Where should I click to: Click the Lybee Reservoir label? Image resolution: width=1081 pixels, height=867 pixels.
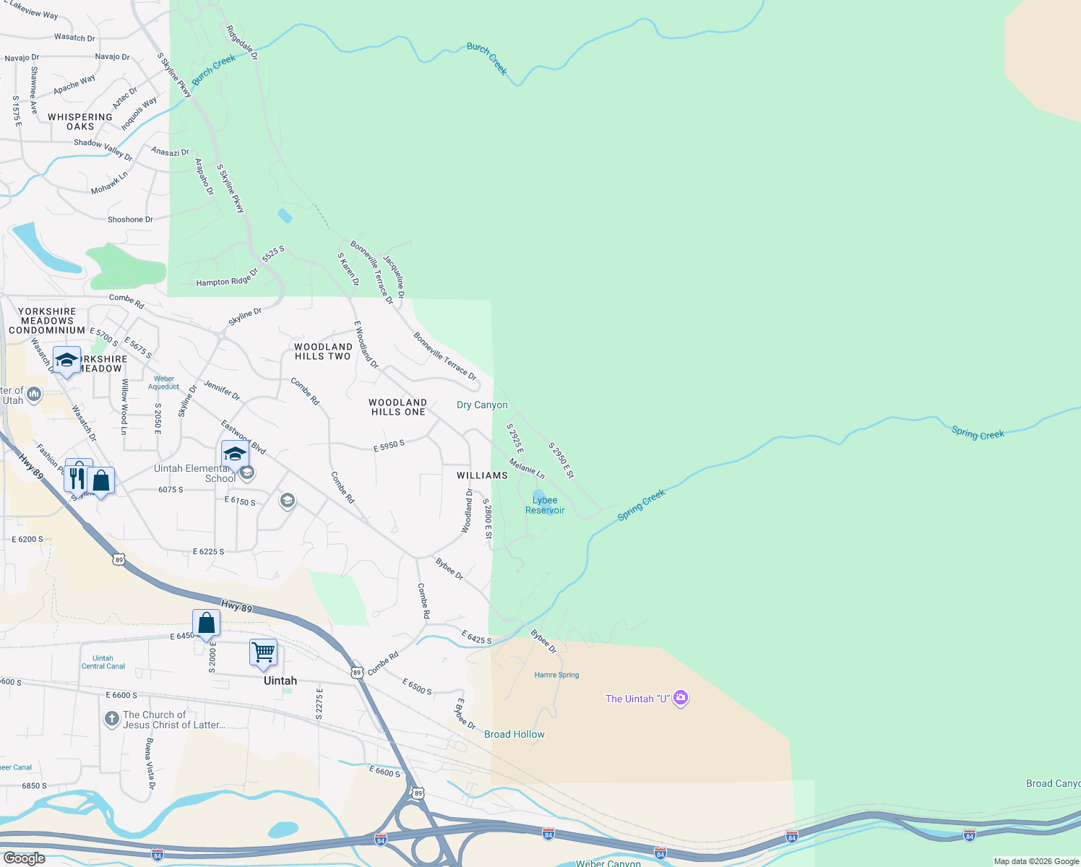[545, 505]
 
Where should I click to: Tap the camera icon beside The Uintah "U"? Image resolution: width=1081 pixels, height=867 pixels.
[680, 698]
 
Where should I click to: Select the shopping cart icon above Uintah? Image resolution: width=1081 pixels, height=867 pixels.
[264, 652]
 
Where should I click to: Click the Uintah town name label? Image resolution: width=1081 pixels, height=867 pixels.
[280, 681]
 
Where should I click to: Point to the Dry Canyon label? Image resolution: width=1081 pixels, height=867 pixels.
[482, 405]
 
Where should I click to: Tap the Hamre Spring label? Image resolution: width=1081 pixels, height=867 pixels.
[556, 675]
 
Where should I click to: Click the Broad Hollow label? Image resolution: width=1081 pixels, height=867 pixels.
[514, 734]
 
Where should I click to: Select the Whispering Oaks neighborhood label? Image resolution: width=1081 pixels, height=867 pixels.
[80, 121]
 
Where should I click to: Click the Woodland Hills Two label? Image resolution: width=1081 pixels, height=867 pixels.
[323, 351]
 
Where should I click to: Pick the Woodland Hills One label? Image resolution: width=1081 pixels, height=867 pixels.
[397, 407]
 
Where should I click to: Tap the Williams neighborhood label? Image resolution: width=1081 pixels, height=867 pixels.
[482, 475]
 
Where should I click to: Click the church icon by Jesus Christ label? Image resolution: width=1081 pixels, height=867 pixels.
[111, 719]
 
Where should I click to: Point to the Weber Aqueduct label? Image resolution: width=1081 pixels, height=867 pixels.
[164, 382]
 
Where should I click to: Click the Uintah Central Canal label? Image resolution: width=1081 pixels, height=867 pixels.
[103, 662]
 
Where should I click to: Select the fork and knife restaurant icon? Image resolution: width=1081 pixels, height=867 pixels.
[77, 478]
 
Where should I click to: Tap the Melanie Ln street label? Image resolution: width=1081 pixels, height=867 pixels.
[527, 468]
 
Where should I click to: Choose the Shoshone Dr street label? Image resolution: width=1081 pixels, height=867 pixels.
[130, 220]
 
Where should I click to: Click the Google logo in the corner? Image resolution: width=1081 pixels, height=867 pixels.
[25, 858]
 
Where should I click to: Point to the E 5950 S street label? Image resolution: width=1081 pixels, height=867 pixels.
[389, 447]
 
